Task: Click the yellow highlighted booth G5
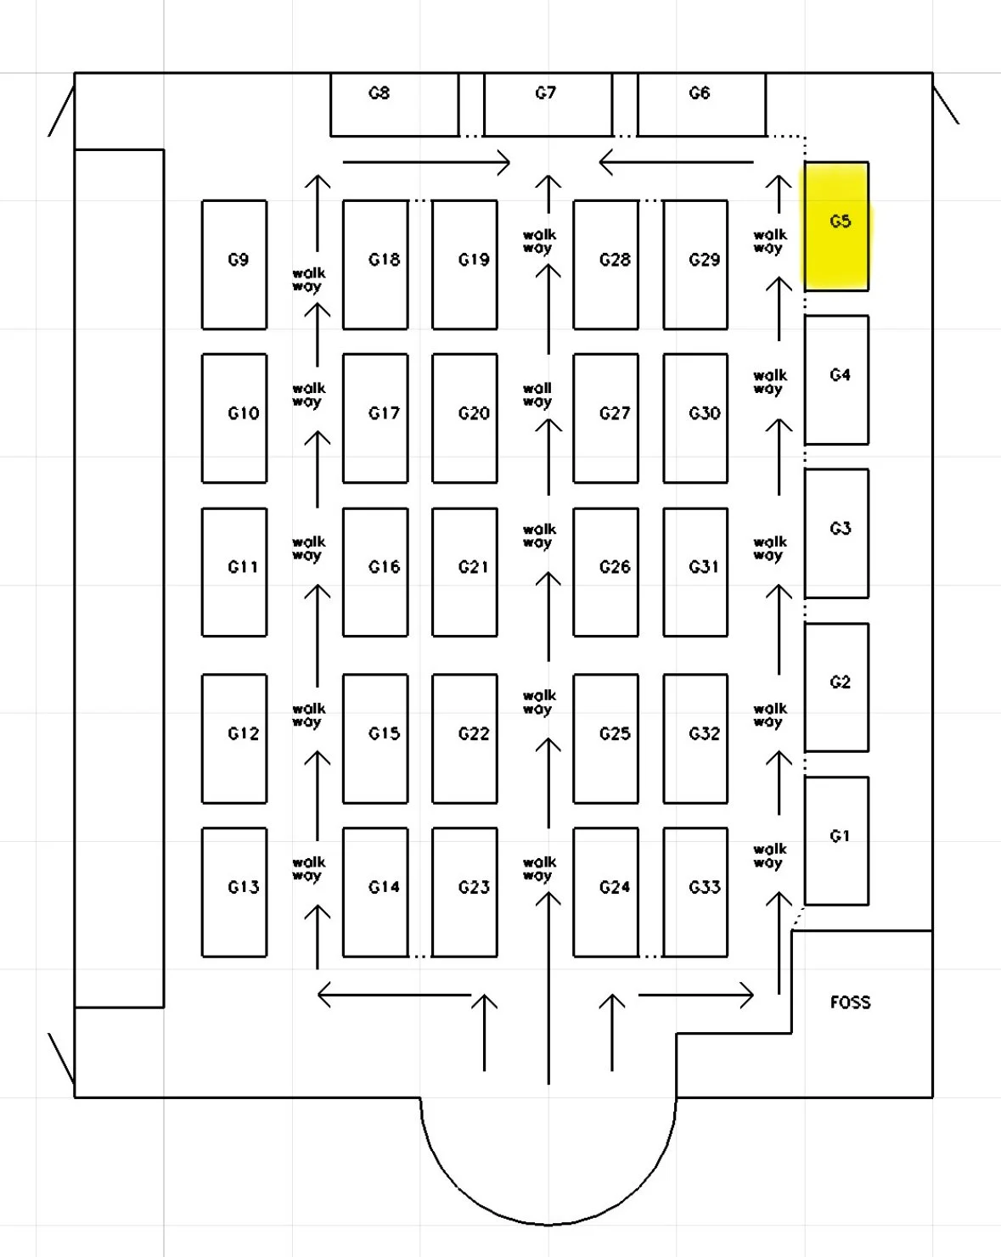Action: (836, 226)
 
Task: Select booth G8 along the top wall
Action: (394, 104)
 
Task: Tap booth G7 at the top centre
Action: (548, 104)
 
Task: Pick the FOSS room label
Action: (850, 1002)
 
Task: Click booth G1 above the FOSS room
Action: (836, 840)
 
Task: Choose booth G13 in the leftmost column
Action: (234, 892)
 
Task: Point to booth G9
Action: (234, 264)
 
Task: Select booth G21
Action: (464, 571)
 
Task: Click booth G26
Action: (605, 571)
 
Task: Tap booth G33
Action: (695, 892)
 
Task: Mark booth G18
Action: (375, 264)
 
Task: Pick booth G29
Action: (695, 264)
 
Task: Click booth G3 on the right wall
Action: (836, 533)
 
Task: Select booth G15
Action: (375, 738)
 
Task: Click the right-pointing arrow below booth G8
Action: (426, 162)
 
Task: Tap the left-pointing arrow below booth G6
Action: (676, 161)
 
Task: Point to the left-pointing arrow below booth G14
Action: (394, 995)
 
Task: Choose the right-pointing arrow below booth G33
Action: (695, 995)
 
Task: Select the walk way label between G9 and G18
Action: (307, 279)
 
